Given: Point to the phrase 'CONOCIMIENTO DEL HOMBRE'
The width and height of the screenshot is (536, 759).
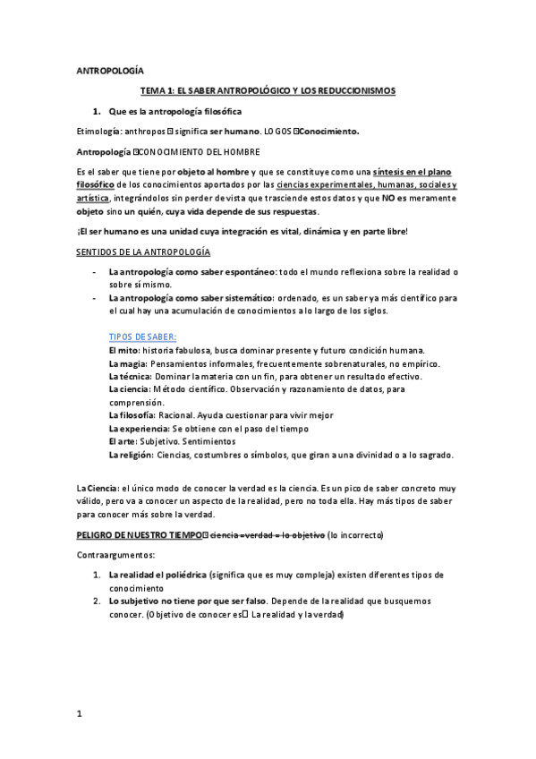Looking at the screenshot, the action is point(196,151).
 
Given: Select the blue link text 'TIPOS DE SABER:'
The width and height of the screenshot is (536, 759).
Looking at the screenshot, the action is point(142,337).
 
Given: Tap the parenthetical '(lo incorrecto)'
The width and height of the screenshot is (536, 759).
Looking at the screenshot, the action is point(356,535).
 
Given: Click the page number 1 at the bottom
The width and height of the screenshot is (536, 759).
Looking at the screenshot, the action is point(80,714).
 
